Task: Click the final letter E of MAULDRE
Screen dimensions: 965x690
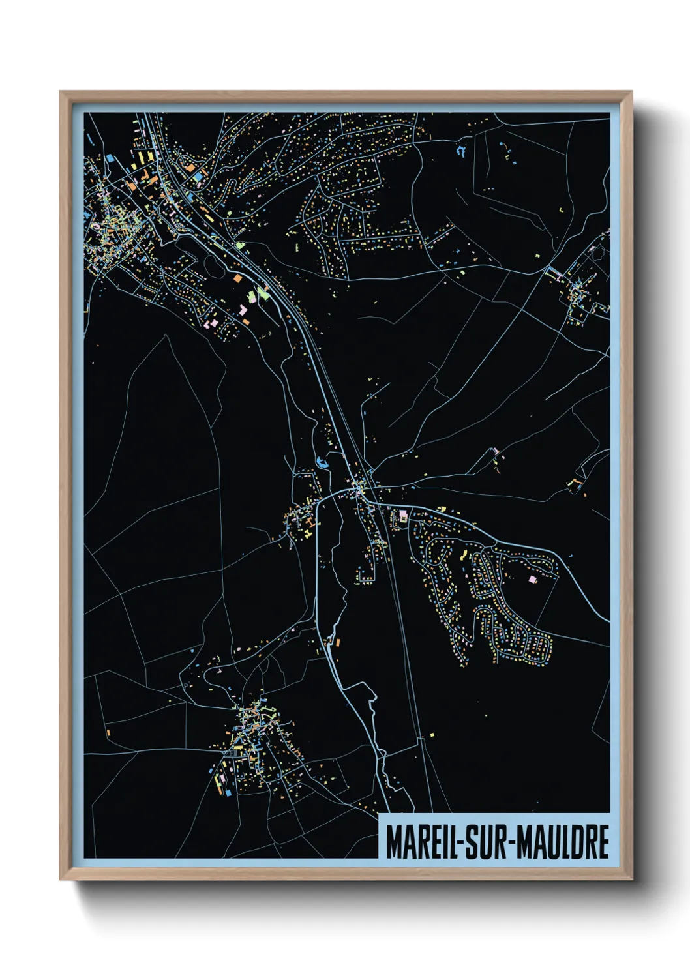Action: (x=603, y=842)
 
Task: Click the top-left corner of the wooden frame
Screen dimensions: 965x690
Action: (x=61, y=92)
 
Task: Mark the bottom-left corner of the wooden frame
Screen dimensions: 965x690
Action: (x=61, y=880)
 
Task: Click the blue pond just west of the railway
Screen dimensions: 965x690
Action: (x=320, y=463)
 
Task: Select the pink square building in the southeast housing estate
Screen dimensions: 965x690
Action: (x=532, y=578)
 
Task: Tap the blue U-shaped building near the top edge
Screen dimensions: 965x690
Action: (x=462, y=152)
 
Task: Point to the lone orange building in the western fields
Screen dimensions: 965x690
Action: (x=108, y=732)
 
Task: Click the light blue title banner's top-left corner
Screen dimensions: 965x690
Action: (x=379, y=814)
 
